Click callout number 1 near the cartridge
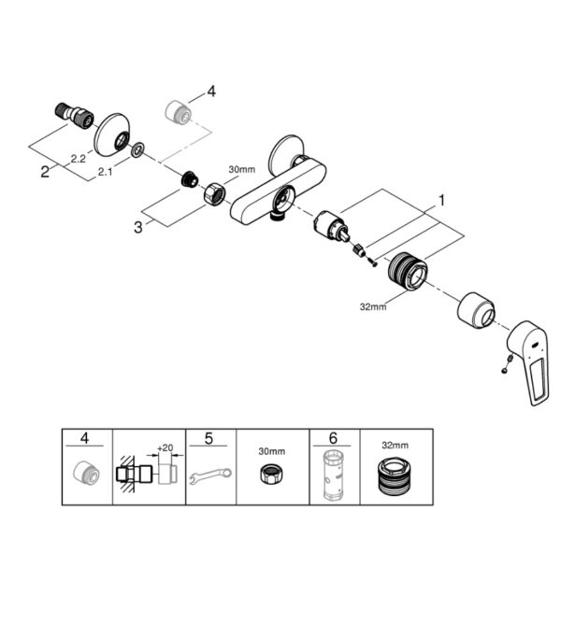point(441,200)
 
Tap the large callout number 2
point(45,172)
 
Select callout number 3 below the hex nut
point(137,227)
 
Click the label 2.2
point(79,159)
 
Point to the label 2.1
point(105,172)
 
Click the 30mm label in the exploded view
point(241,169)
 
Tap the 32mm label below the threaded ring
point(373,306)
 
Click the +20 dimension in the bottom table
point(165,447)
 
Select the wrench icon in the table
point(209,475)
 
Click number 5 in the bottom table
point(209,438)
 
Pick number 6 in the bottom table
point(333,438)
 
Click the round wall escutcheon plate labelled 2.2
point(111,132)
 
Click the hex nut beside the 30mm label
point(215,192)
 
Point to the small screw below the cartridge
point(371,262)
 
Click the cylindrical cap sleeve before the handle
point(476,310)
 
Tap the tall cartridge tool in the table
point(334,475)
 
